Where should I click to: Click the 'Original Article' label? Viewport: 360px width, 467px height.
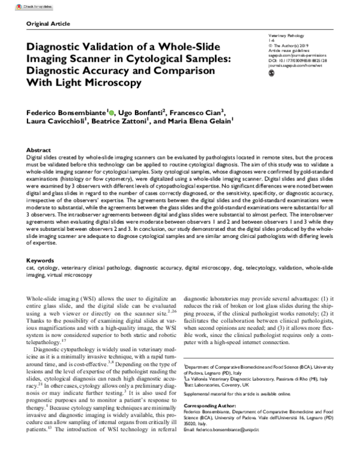tap(46, 23)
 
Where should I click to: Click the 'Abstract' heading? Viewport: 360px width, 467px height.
tap(40, 149)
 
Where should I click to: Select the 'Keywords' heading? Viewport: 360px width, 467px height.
tap(42, 261)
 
